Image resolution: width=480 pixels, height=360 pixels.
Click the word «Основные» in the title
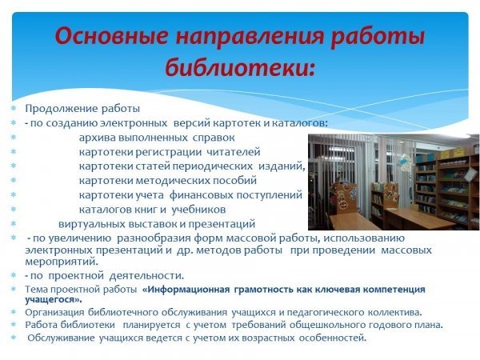112,36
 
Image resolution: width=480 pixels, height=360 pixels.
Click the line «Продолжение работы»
82,109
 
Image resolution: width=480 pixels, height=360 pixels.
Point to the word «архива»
97,138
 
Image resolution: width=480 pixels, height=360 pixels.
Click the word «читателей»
234,152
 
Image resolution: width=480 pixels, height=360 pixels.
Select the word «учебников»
198,210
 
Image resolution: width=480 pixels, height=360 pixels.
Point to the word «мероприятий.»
62,262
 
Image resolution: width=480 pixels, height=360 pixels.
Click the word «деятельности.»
146,276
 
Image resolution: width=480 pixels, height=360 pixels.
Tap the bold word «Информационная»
186,290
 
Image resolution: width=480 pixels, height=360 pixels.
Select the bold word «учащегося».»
54,299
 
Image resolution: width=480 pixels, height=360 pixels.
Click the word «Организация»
54,313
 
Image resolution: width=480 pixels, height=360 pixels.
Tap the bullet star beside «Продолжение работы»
13,108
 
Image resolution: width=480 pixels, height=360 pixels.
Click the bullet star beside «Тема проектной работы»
13,289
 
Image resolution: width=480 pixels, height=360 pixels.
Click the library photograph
394,182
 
